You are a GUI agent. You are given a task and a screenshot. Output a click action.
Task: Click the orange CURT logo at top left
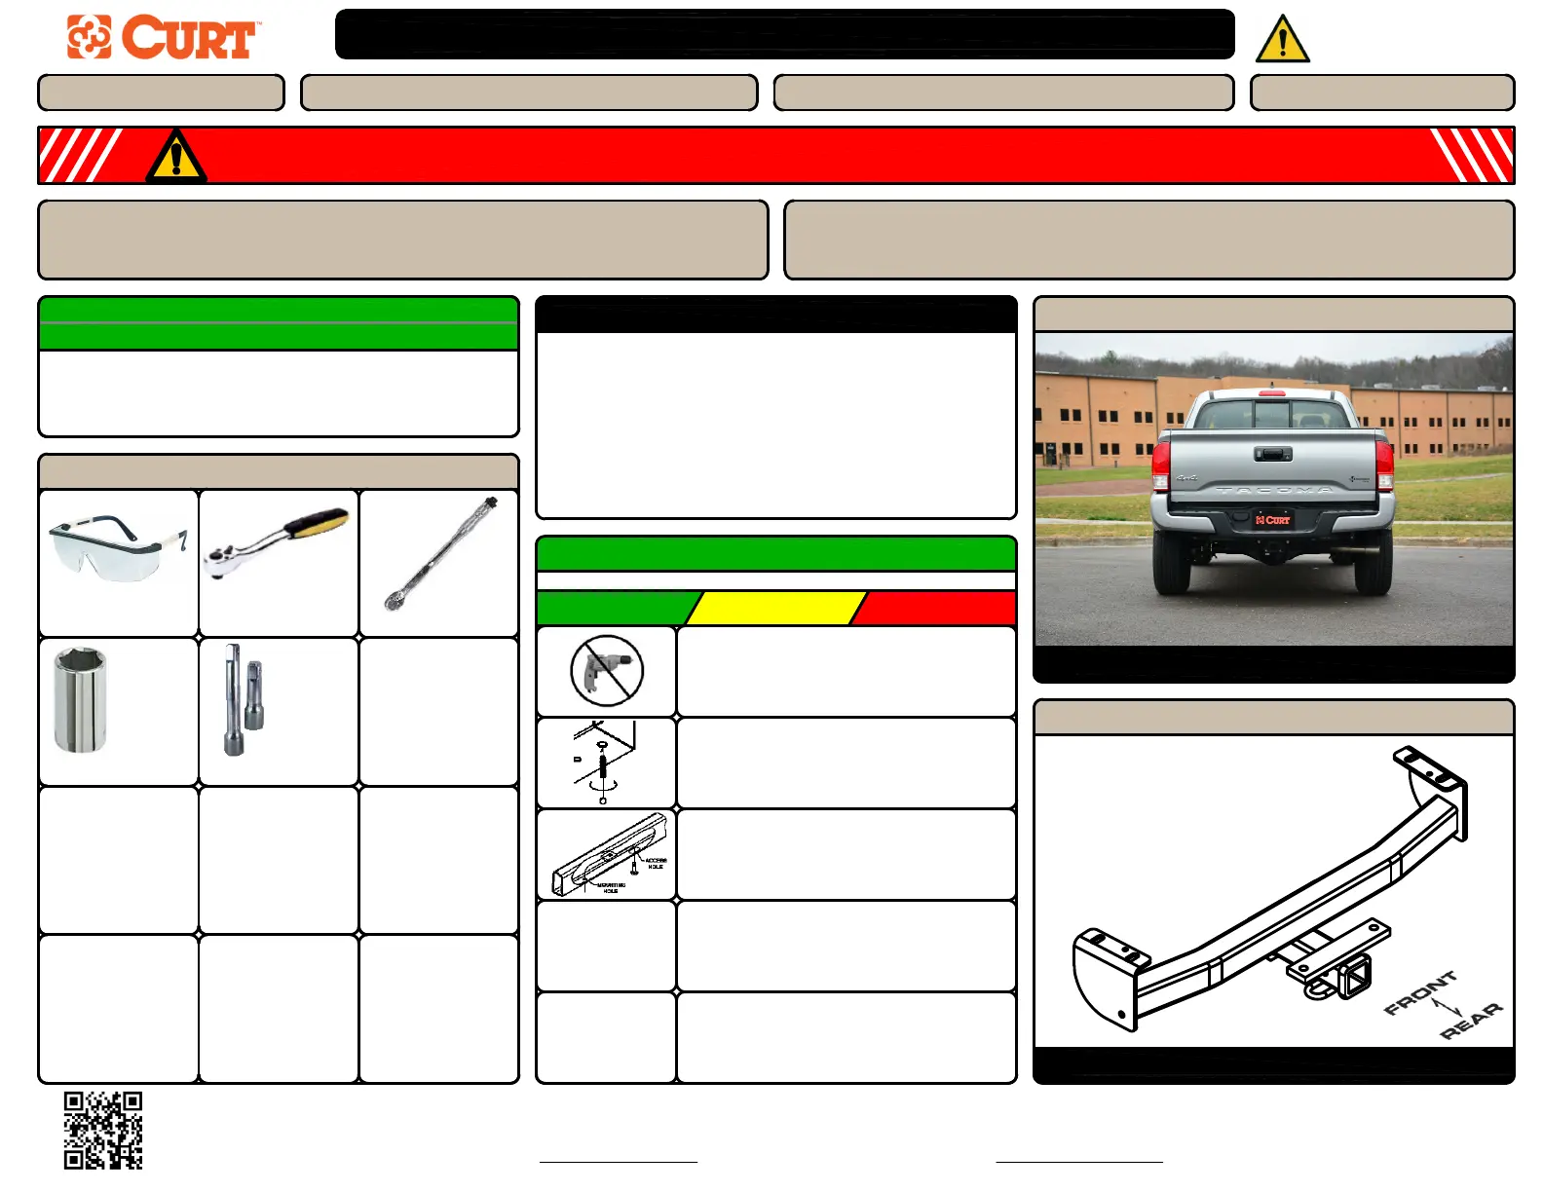pos(162,38)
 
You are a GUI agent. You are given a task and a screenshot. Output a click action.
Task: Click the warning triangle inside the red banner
pos(175,158)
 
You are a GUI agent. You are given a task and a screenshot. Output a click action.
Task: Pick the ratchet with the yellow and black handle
pos(277,544)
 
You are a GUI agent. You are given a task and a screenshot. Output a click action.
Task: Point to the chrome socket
pos(80,699)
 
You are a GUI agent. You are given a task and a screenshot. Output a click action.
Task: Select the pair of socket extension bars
pos(244,699)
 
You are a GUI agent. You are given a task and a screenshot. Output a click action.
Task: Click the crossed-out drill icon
pos(606,671)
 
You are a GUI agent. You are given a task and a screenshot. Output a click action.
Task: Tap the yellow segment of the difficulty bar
pos(775,608)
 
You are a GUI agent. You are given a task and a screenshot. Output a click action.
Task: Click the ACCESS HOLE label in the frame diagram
pos(655,863)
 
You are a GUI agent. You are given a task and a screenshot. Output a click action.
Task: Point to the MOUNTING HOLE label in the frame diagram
pos(611,887)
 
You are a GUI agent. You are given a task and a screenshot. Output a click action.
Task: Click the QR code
pos(103,1130)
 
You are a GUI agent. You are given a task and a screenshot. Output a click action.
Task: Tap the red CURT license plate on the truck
pos(1272,520)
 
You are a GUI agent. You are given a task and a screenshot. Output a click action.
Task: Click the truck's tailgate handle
pos(1272,454)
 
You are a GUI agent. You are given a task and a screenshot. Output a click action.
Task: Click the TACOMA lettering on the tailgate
pos(1273,490)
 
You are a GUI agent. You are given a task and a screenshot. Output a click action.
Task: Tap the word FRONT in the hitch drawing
pos(1420,991)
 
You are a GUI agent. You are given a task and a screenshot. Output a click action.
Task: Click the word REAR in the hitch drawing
pos(1471,1021)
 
